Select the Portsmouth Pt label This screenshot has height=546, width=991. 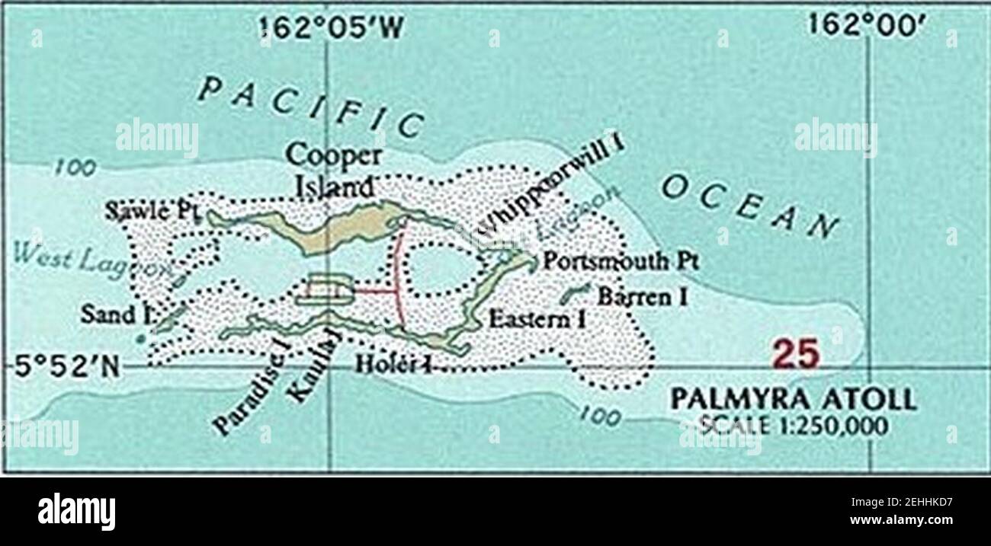(620, 261)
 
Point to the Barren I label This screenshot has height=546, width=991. (642, 296)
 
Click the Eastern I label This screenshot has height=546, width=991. (537, 319)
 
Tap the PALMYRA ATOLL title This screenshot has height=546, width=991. (792, 399)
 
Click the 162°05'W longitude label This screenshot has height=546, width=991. (328, 29)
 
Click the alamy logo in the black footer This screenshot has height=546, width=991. (76, 511)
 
